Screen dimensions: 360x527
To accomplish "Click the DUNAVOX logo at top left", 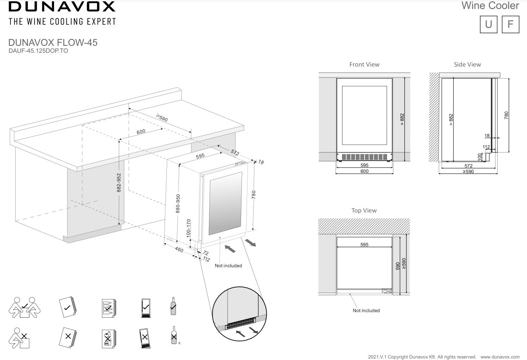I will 62,6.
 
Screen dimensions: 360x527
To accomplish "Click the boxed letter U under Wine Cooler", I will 489,24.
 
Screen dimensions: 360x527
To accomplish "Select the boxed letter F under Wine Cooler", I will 511,24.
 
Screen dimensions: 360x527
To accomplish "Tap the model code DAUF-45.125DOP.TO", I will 38,51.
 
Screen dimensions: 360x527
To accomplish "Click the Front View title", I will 364,64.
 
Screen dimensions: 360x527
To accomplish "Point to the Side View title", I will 467,64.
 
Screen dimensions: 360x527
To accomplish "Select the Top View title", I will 364,210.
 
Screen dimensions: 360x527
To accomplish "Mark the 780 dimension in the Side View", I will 506,116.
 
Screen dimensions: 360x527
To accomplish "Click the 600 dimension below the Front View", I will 364,171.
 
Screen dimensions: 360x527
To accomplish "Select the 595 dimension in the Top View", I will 364,245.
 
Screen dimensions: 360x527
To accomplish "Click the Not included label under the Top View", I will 366,310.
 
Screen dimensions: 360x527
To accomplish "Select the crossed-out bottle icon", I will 174,335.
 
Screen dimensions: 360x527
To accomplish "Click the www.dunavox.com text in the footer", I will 500,357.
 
